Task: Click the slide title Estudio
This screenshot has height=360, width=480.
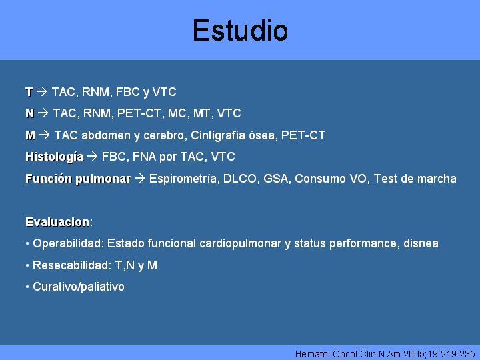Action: (240, 30)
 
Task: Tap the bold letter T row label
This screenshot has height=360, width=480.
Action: (29, 92)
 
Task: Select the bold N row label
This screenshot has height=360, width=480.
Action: (30, 113)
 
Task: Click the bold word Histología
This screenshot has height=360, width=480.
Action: (55, 157)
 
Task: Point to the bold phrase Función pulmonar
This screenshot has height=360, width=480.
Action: (78, 179)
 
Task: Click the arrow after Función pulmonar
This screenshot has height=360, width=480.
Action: (140, 178)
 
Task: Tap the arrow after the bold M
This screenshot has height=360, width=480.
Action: (45, 135)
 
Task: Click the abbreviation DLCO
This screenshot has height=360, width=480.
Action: (240, 179)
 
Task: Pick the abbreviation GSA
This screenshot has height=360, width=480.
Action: (276, 179)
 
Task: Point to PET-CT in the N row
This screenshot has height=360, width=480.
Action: (139, 113)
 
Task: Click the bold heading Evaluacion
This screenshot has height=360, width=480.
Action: (57, 222)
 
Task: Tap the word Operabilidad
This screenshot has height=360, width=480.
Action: (69, 244)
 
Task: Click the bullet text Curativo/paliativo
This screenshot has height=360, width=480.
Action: (79, 287)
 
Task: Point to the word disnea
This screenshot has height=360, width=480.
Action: (421, 244)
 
